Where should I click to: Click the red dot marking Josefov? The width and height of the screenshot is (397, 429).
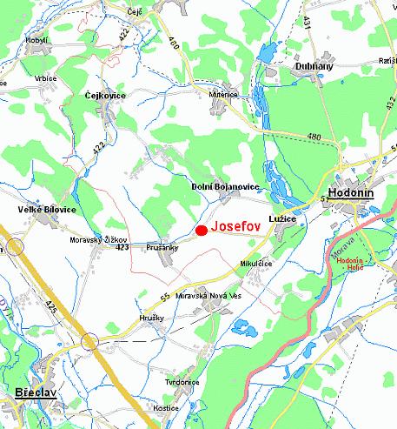pyautogui.click(x=201, y=231)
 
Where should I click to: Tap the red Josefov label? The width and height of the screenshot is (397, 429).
pyautogui.click(x=236, y=231)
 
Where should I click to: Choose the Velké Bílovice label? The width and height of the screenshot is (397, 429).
pyautogui.click(x=46, y=210)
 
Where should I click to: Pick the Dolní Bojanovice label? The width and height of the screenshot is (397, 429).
pyautogui.click(x=225, y=187)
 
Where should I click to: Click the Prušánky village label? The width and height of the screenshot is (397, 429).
pyautogui.click(x=162, y=245)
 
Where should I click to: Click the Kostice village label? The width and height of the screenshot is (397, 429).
pyautogui.click(x=164, y=407)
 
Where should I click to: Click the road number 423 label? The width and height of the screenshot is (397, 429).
pyautogui.click(x=122, y=248)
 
